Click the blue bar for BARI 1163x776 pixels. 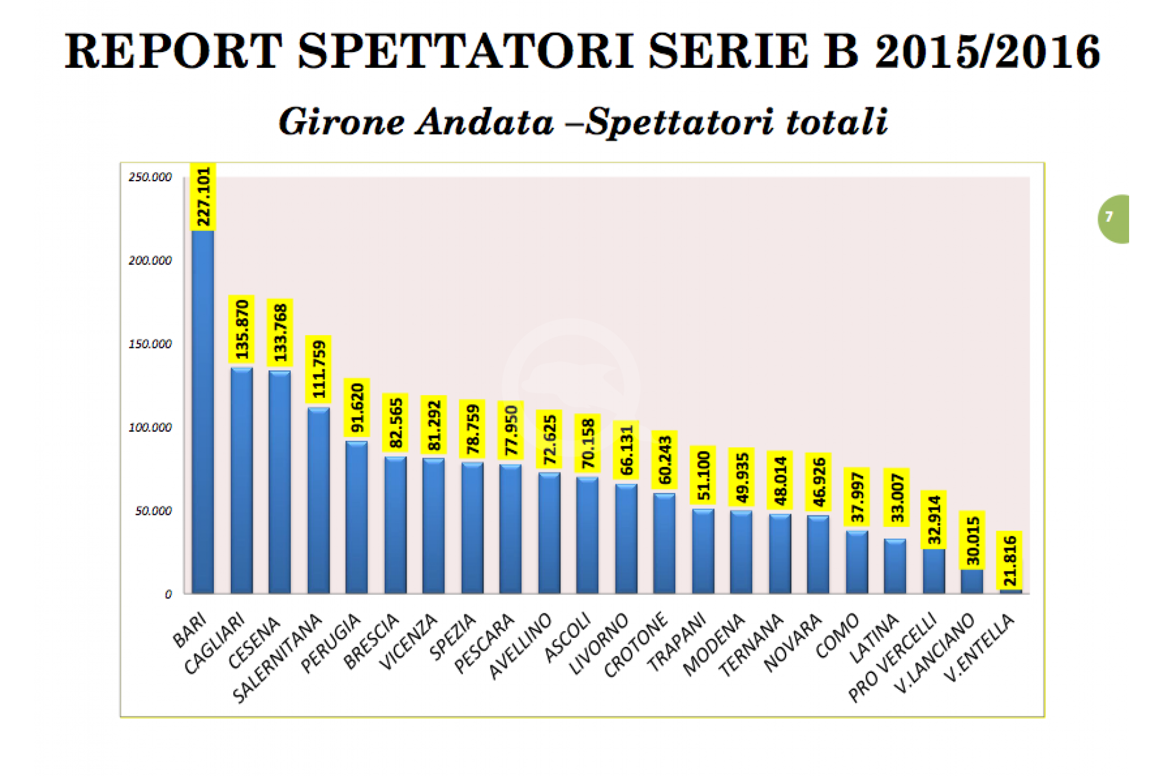(203, 412)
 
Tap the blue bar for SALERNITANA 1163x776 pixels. (319, 500)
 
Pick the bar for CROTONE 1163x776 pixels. (664, 543)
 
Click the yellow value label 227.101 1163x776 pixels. (204, 197)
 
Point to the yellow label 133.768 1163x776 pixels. (280, 332)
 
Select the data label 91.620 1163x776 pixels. (357, 407)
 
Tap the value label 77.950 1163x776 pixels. (511, 430)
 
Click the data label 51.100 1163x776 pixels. (703, 475)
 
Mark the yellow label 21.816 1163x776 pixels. (1010, 560)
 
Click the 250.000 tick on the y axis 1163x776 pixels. (150, 177)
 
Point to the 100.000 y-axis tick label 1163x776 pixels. (150, 427)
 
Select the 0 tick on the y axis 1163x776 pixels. (168, 595)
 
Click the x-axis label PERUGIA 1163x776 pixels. (331, 643)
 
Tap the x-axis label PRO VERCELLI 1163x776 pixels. (893, 658)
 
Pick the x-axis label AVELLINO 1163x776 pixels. (520, 646)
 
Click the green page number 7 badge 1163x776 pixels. (1112, 218)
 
